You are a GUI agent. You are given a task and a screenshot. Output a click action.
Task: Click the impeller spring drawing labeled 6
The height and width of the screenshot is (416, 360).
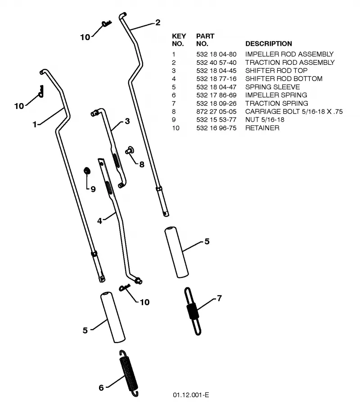[x=129, y=374]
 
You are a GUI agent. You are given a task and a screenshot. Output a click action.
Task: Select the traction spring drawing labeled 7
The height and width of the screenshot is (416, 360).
[x=193, y=311]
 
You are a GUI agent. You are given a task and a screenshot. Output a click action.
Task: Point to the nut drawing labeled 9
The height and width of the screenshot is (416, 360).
[x=87, y=171]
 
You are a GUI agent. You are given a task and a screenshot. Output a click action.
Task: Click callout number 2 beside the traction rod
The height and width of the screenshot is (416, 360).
[x=158, y=23]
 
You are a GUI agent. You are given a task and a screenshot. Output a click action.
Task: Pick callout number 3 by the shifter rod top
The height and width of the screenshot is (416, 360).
[x=127, y=121]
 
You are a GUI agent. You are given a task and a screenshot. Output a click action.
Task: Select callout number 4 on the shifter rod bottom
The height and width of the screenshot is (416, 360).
[x=99, y=221]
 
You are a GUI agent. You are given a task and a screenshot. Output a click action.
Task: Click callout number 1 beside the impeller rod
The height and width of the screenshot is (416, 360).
[x=35, y=124]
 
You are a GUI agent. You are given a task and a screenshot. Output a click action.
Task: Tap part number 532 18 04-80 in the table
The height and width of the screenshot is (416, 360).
[x=216, y=54]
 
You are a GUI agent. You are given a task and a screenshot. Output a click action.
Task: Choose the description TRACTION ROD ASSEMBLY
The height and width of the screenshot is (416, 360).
[x=290, y=63]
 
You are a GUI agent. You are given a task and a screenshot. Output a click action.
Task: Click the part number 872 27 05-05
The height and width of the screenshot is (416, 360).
[x=216, y=112]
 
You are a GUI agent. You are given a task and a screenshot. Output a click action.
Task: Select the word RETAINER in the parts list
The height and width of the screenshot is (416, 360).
[x=262, y=128]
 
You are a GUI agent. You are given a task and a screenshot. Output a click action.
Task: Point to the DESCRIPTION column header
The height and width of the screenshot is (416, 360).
[x=269, y=44]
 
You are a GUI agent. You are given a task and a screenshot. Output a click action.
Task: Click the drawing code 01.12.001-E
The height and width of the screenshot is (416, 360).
[x=191, y=395]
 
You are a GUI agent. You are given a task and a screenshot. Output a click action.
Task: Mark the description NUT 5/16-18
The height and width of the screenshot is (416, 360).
[x=265, y=120]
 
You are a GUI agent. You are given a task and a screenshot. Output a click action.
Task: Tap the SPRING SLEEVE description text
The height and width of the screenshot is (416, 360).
[x=273, y=87]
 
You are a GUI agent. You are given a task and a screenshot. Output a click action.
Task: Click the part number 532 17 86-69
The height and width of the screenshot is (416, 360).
[x=216, y=95]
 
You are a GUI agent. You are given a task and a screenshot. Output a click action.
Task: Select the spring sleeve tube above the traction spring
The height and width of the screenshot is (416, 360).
[x=176, y=252]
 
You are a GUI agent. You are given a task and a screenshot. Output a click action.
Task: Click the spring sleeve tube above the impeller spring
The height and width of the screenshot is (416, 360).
[x=112, y=317]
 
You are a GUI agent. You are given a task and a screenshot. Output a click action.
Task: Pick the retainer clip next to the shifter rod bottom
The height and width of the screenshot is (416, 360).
[x=124, y=287]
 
